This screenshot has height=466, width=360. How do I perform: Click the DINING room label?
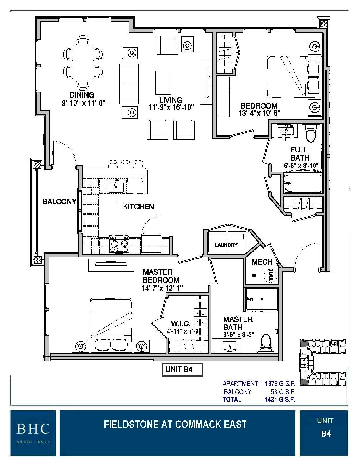pos(82,95)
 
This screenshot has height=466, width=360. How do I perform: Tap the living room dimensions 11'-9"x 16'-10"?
pos(171,108)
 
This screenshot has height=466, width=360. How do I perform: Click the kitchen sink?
pos(116,186)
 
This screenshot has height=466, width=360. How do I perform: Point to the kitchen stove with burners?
pos(119,244)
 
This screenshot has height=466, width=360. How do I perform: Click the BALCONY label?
pos(59,202)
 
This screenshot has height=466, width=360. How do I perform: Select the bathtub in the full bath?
pos(302,183)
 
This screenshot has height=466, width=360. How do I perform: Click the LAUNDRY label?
pos(226,245)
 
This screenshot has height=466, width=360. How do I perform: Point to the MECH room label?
pos(262,262)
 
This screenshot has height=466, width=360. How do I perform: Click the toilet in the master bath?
pos(266,344)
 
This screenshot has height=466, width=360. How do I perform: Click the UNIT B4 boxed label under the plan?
pos(182,370)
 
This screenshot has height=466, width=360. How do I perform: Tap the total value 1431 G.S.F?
pos(280,400)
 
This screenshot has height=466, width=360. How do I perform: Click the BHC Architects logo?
pos(33,432)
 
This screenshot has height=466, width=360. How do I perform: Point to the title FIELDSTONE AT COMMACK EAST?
pos(175,425)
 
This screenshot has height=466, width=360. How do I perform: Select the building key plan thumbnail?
pos(322,362)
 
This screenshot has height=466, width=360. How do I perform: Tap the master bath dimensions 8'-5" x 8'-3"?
pos(239,334)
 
